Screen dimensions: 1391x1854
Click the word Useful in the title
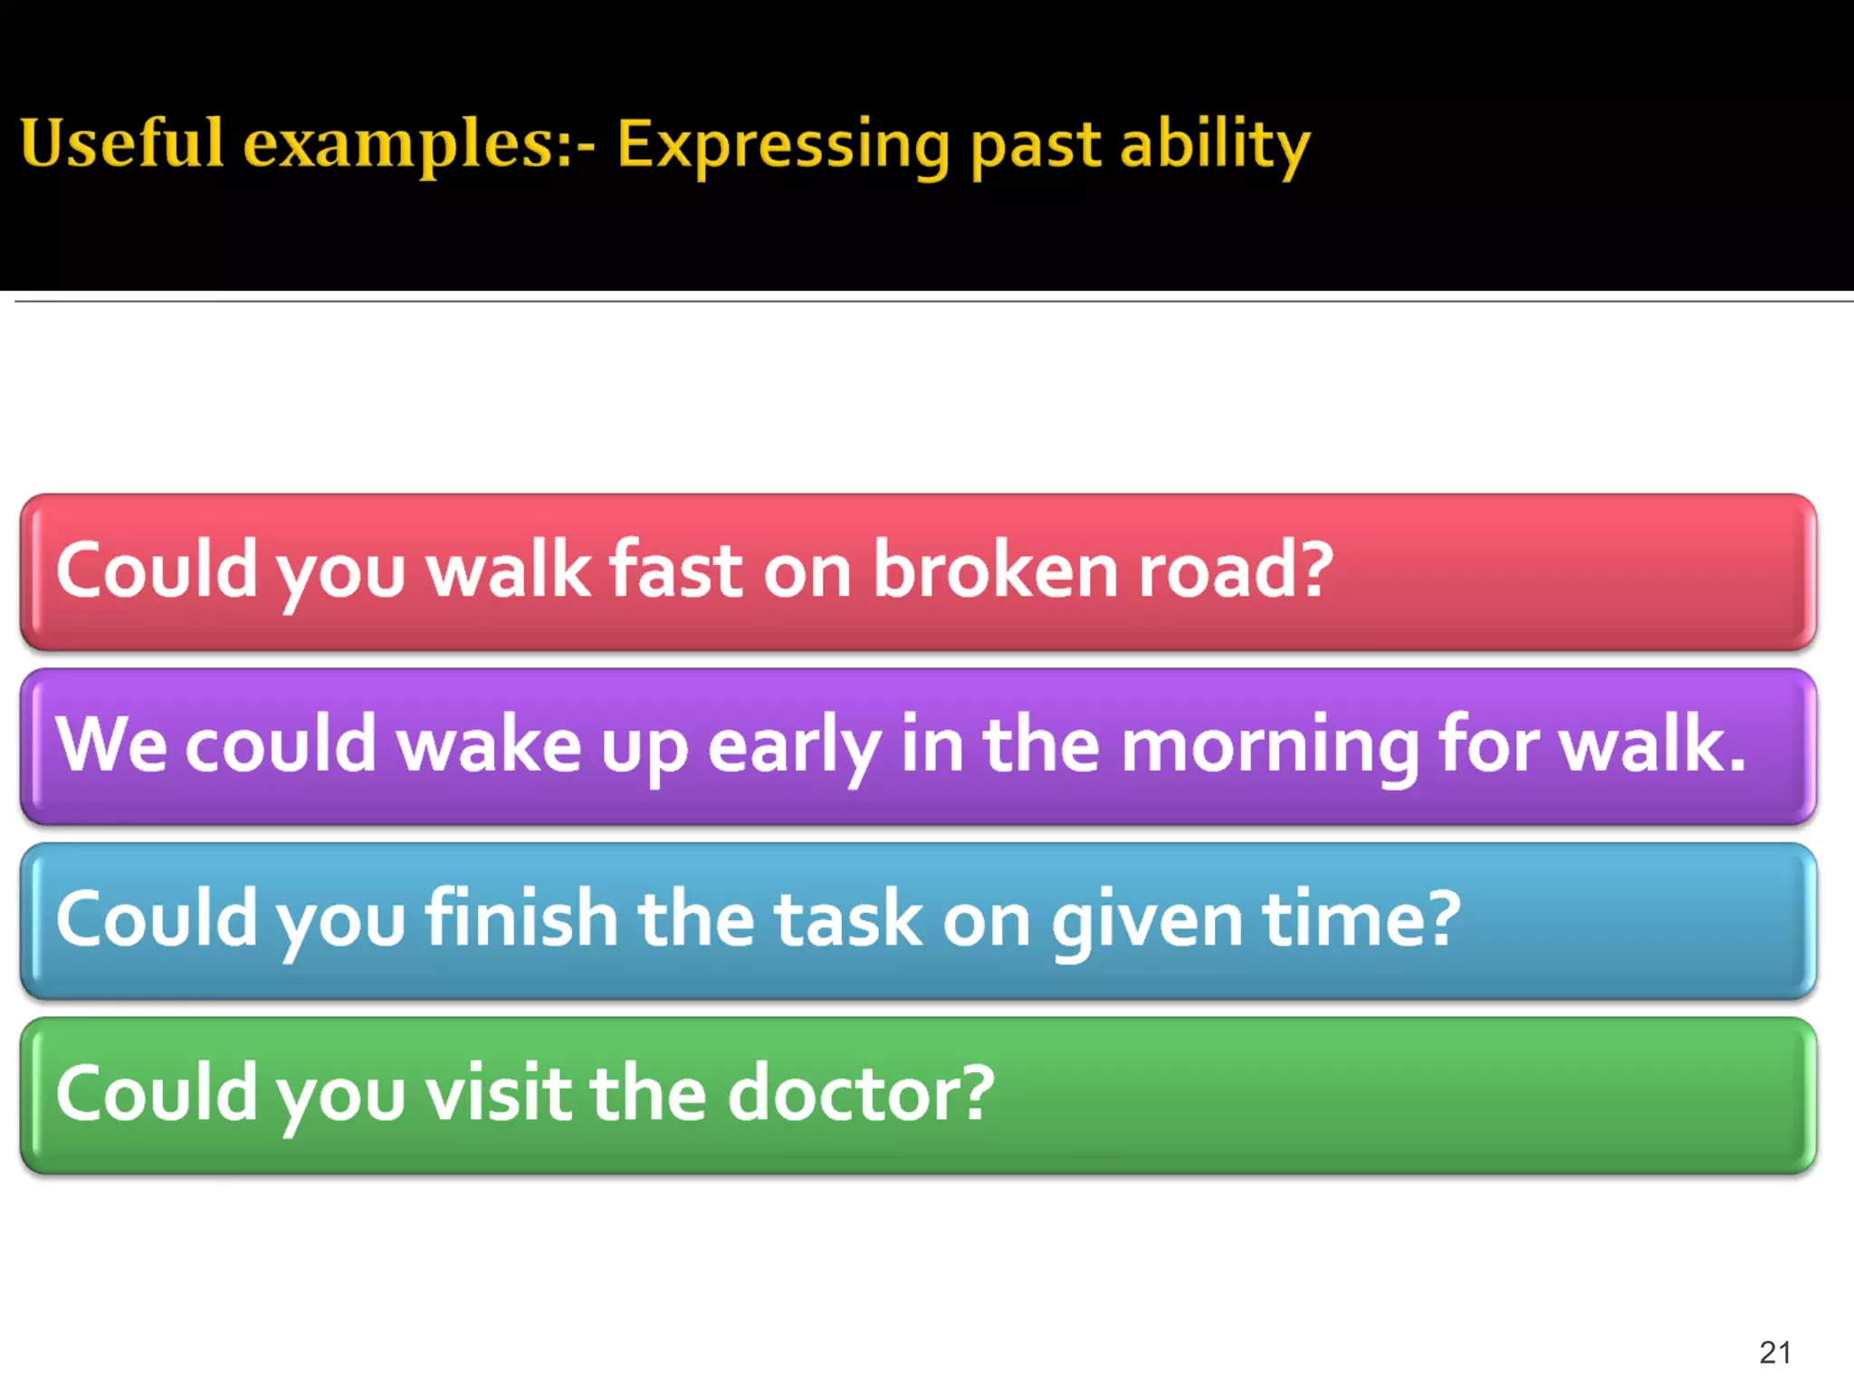[121, 143]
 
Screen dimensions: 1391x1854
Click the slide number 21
[1775, 1352]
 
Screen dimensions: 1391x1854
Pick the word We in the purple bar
[111, 744]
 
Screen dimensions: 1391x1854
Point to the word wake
[489, 744]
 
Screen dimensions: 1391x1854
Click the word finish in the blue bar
[521, 919]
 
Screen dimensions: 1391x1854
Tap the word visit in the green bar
[499, 1094]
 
